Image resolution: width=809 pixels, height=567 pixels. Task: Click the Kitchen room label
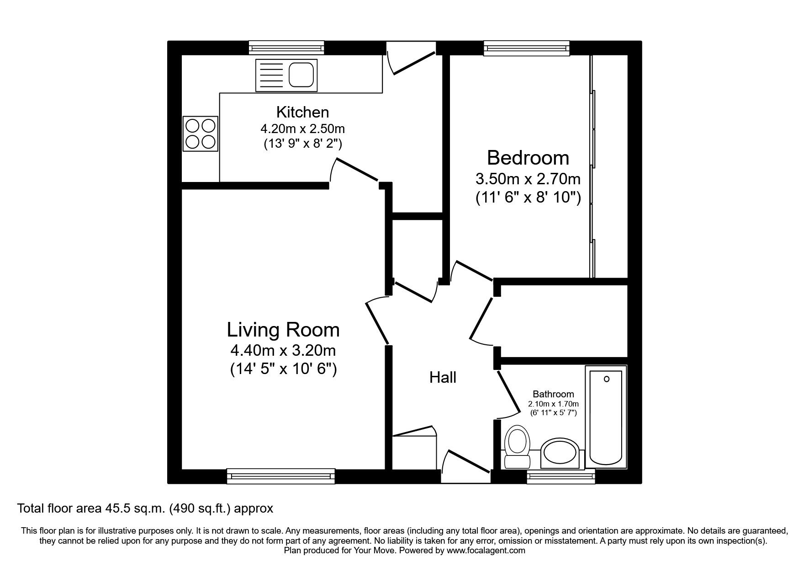tap(302, 112)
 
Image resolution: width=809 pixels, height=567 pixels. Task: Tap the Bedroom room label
tap(528, 158)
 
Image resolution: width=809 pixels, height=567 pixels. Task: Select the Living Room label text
tap(283, 330)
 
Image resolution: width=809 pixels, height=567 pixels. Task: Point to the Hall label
tap(443, 378)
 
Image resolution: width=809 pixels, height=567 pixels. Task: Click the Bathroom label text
tap(553, 394)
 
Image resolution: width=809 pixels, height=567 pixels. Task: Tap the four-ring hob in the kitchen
tap(201, 134)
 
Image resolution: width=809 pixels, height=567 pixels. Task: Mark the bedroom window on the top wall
tap(527, 48)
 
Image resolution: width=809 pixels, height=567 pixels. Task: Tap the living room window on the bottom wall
tap(281, 476)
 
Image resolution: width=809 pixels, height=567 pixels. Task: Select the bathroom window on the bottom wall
tap(561, 476)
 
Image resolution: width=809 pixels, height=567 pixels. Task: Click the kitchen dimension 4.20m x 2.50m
tap(302, 128)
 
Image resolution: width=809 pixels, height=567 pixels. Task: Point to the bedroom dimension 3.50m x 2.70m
tap(528, 178)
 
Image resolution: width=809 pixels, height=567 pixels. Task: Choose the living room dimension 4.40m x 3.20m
tap(283, 351)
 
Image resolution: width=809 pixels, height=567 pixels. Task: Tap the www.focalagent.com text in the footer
tap(486, 551)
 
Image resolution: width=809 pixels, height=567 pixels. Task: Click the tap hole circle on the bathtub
tap(607, 379)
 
